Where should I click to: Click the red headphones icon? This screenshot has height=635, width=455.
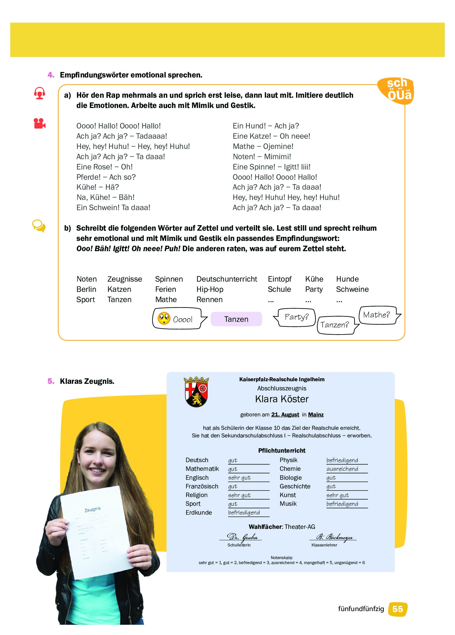click(x=39, y=93)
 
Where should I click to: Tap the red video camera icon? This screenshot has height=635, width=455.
click(x=39, y=123)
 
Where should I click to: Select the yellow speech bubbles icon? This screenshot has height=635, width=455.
click(x=39, y=226)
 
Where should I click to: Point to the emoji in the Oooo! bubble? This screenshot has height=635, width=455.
click(x=164, y=318)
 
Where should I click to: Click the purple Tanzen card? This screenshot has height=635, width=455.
click(x=236, y=319)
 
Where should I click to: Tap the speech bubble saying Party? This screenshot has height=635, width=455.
click(x=296, y=317)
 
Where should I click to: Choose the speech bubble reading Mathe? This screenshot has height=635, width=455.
click(x=377, y=315)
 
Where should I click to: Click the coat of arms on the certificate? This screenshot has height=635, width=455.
click(x=196, y=392)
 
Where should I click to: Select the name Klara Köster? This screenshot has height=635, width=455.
click(x=282, y=399)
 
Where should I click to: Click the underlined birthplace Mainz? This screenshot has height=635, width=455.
click(x=316, y=415)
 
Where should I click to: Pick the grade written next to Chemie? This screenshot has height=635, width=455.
click(x=342, y=469)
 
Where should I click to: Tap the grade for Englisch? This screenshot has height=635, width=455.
click(x=239, y=478)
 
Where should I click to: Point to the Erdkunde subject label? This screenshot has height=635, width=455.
click(x=199, y=513)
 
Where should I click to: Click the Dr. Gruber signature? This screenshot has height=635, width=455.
click(x=242, y=537)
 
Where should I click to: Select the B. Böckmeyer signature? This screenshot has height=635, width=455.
click(x=334, y=537)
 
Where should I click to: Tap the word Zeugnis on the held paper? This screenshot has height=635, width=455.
click(x=92, y=510)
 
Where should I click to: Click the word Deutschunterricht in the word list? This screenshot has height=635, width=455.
click(x=226, y=279)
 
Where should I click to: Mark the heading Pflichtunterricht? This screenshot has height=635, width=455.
click(x=282, y=451)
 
